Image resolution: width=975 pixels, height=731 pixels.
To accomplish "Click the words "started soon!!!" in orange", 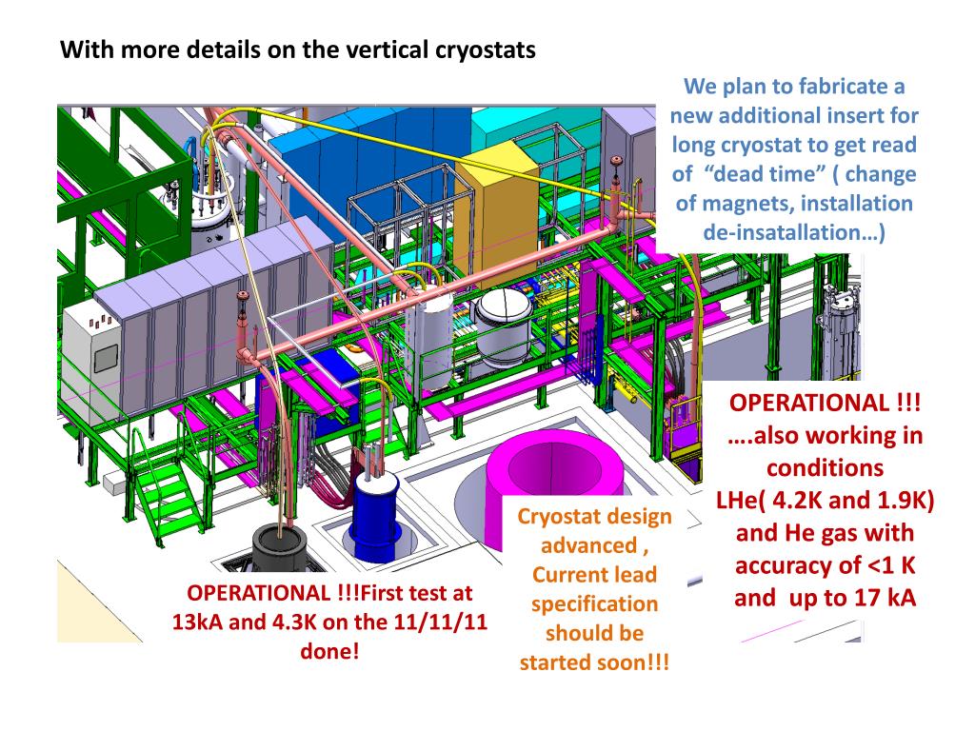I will point(594,662).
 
